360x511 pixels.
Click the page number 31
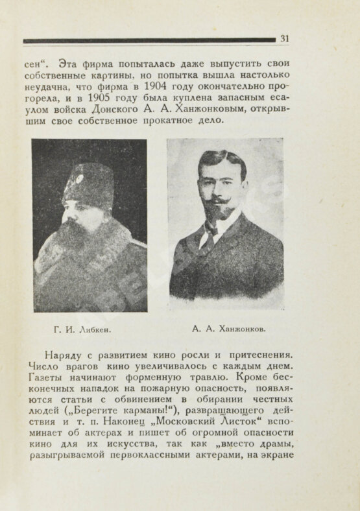(284, 39)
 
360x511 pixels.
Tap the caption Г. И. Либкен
(82, 329)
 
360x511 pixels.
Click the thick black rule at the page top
(149, 40)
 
